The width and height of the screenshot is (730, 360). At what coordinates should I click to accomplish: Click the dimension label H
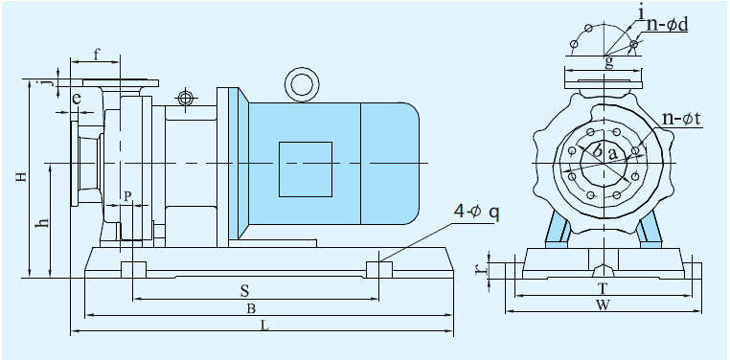(x=20, y=177)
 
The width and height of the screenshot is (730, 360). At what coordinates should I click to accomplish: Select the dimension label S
(x=245, y=291)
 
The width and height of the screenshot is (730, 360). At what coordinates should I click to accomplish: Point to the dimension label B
(x=250, y=308)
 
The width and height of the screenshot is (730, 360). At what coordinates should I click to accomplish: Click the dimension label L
(x=265, y=326)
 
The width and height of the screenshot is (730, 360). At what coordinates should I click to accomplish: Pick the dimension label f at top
(x=97, y=55)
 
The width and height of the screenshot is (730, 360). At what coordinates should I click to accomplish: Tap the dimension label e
(x=77, y=99)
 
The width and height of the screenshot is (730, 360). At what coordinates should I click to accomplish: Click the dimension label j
(x=45, y=83)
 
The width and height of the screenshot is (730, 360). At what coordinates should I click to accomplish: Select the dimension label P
(x=128, y=196)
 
